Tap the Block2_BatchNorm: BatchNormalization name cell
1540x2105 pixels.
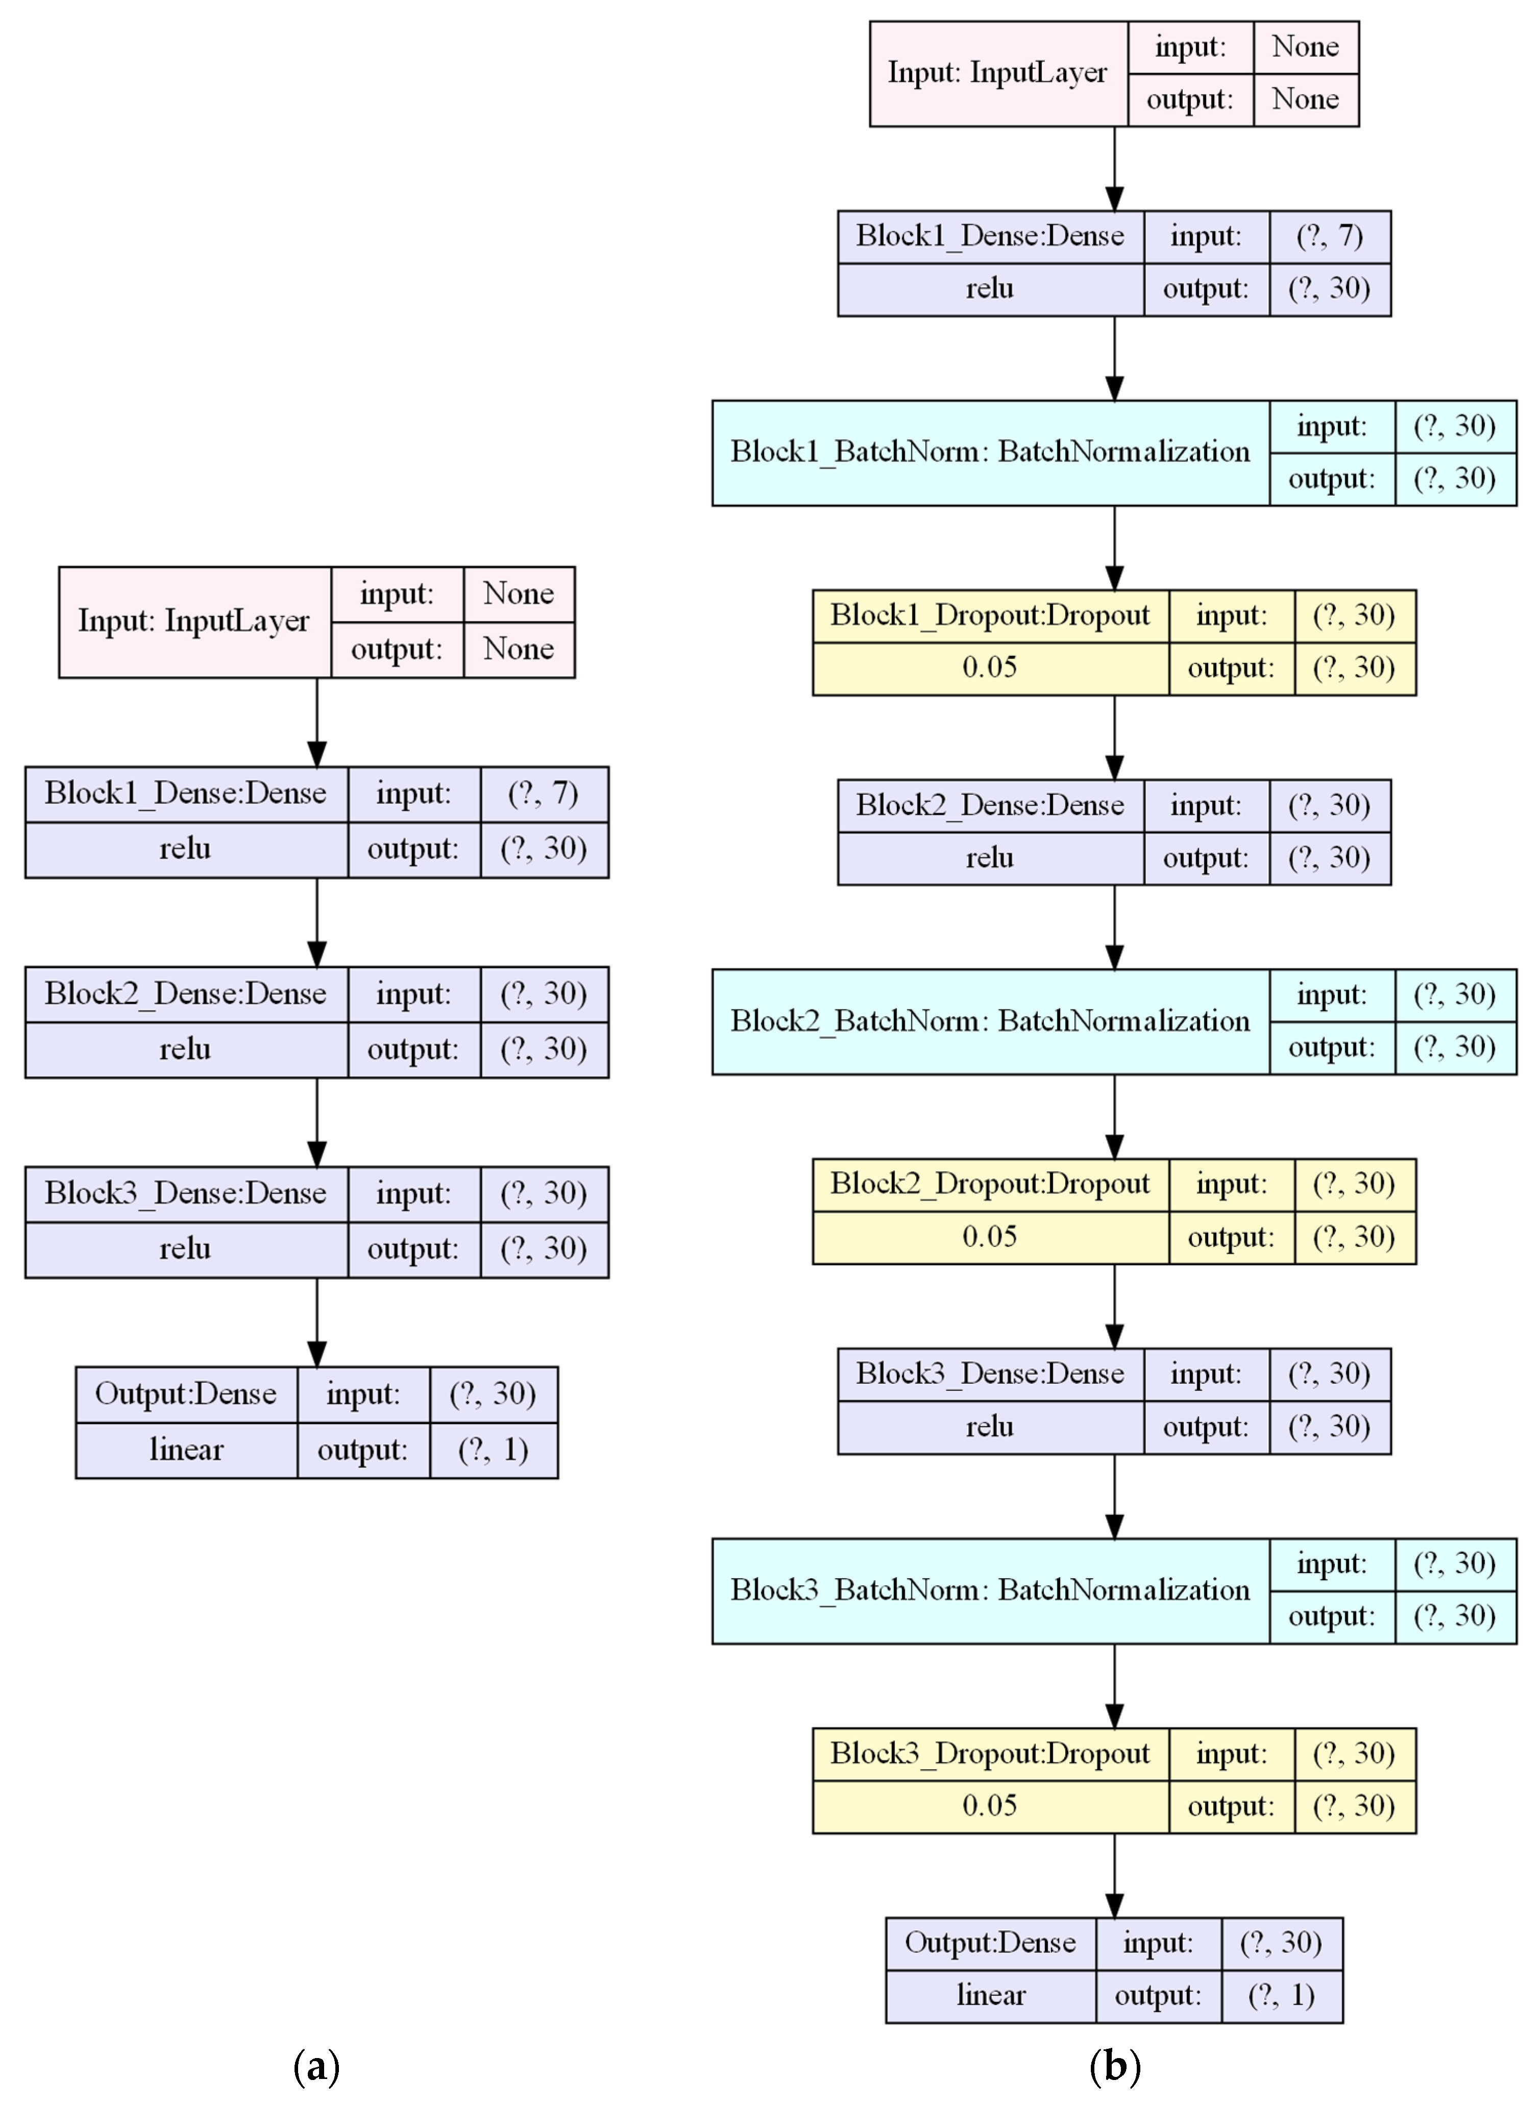[x=990, y=1022]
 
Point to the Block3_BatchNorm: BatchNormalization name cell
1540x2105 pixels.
[x=990, y=1590]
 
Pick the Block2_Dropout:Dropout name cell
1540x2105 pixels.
[x=990, y=1184]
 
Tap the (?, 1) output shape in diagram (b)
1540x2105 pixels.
[x=1282, y=1996]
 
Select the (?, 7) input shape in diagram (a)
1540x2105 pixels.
[x=544, y=793]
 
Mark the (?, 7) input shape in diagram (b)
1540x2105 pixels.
[x=1330, y=236]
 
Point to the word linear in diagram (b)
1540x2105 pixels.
[x=991, y=1996]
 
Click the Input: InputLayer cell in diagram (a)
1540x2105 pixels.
[x=194, y=621]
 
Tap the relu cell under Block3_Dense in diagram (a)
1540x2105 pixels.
[x=185, y=1249]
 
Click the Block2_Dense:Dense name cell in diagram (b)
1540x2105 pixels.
[x=990, y=805]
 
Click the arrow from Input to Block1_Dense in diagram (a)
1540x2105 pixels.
[x=317, y=722]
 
